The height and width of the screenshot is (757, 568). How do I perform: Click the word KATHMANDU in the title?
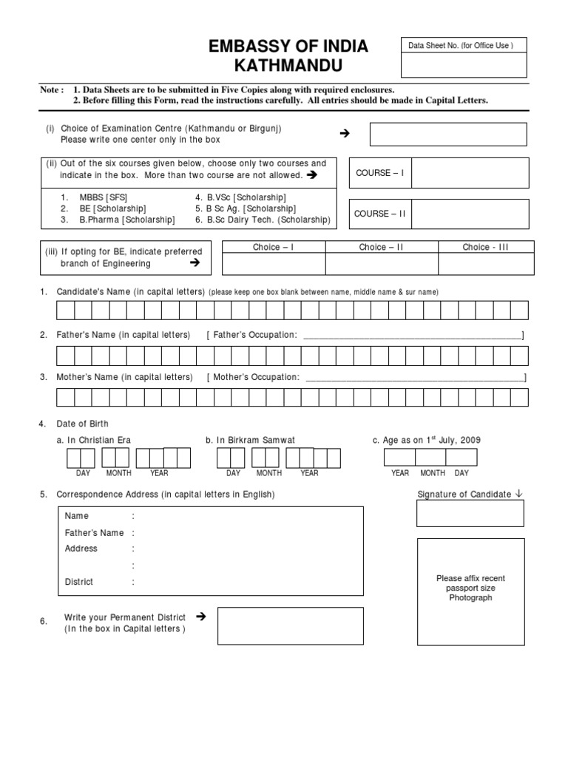(x=288, y=67)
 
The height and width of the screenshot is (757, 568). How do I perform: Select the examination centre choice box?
(x=448, y=134)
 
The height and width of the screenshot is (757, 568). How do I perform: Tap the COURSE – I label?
(x=380, y=172)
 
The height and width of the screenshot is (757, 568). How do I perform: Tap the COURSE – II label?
(x=381, y=214)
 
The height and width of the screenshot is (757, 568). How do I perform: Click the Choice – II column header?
(x=381, y=247)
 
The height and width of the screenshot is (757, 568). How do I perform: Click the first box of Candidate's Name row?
(x=65, y=310)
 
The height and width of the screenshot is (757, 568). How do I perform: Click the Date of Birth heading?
(x=83, y=424)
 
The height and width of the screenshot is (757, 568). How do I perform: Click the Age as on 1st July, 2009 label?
(x=431, y=440)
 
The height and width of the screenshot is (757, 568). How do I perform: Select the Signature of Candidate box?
(x=470, y=513)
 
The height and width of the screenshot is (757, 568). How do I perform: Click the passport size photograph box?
(x=470, y=588)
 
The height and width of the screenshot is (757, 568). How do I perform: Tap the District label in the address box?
(x=79, y=582)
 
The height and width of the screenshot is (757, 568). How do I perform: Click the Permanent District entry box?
(x=290, y=625)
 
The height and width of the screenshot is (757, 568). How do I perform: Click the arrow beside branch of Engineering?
(x=195, y=262)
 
